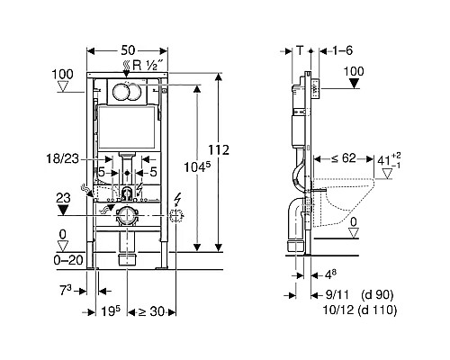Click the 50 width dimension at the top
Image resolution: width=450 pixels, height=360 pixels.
[128, 50]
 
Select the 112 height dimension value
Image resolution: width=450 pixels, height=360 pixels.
[219, 149]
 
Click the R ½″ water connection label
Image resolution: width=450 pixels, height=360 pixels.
[148, 65]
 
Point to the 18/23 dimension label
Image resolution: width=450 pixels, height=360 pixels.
[63, 158]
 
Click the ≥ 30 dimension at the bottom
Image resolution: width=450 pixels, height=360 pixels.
[151, 311]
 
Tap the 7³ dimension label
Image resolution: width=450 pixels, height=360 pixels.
[66, 291]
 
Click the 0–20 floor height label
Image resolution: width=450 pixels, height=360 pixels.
[68, 260]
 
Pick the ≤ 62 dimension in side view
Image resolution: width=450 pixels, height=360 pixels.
[344, 158]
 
